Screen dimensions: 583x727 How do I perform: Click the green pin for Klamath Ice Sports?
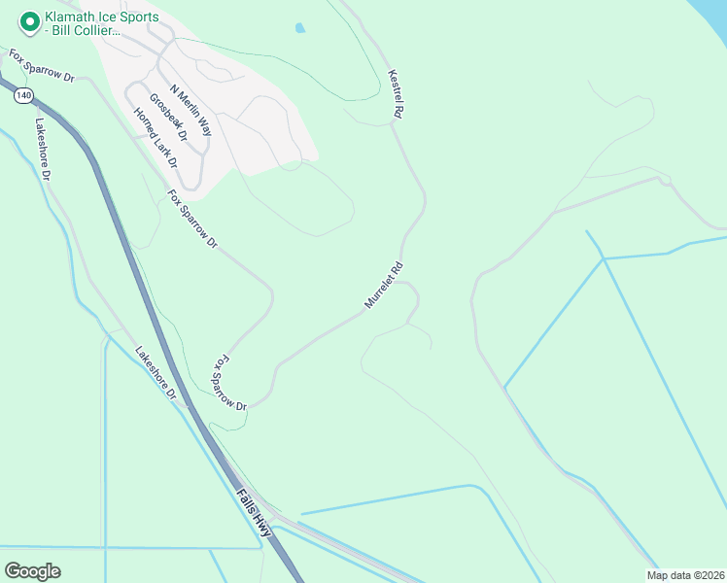coord(29,19)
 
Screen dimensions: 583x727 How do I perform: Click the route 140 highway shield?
coord(22,93)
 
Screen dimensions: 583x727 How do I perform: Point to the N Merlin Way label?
coord(190,108)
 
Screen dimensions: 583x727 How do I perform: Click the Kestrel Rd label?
coord(395,94)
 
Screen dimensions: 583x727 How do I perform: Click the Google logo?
coord(32,571)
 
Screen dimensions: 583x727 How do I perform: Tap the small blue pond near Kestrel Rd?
coord(299,28)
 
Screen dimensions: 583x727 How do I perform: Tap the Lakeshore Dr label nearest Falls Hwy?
coord(156,373)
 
